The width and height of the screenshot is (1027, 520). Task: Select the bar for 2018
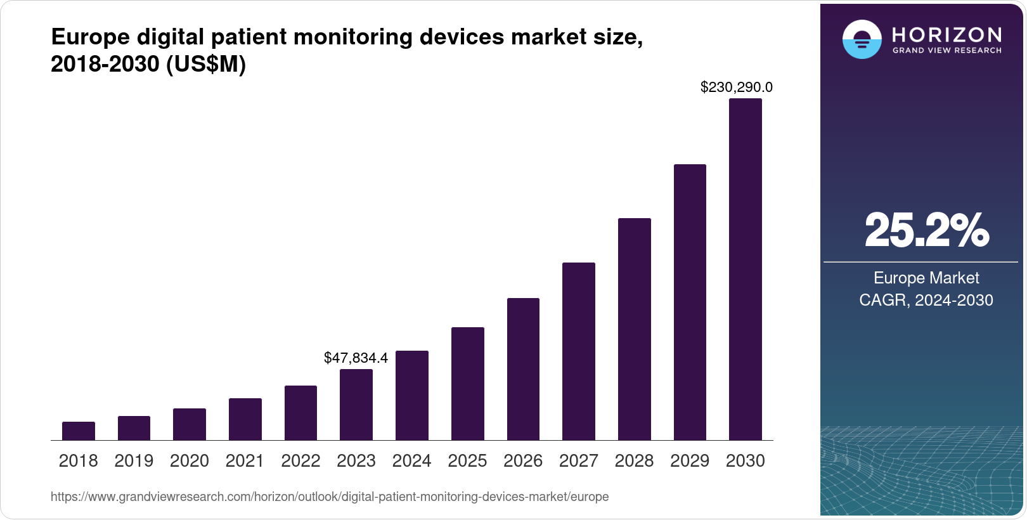(x=79, y=431)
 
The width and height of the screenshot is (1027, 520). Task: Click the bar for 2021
(x=245, y=419)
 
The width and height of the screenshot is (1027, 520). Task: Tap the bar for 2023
(x=356, y=405)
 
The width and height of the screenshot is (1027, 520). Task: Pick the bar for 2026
(x=523, y=369)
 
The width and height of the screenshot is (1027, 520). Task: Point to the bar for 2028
(x=634, y=329)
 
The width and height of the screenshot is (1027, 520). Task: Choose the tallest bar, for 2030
(x=746, y=270)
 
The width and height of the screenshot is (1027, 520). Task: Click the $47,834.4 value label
(x=356, y=358)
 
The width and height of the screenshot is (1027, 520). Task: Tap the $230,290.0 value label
(x=736, y=87)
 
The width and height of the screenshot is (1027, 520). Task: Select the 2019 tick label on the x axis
(x=134, y=461)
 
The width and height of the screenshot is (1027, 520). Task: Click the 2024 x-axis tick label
(x=411, y=461)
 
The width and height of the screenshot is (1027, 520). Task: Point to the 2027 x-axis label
(x=578, y=461)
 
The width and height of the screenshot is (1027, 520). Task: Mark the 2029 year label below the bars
(x=690, y=461)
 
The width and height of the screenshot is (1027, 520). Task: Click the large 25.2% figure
(x=926, y=230)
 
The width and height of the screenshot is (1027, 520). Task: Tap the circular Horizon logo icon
(x=862, y=39)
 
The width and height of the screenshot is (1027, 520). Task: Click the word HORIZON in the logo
(x=946, y=34)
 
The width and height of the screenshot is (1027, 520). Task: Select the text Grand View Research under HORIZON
(x=946, y=50)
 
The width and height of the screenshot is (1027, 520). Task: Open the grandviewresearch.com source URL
(x=330, y=497)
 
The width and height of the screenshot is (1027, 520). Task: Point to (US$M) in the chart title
(x=205, y=64)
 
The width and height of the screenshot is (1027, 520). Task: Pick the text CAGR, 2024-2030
(x=926, y=300)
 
